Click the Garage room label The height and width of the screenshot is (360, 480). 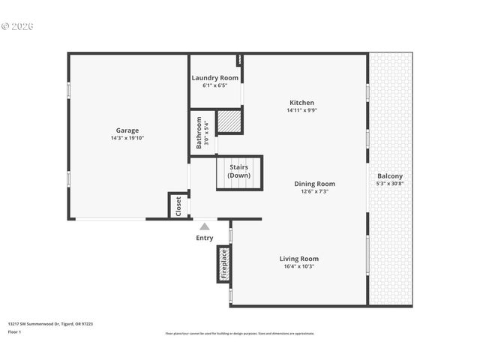click(x=127, y=130)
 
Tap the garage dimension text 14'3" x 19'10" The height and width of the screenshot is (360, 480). click(x=127, y=138)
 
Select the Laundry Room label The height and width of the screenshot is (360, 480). click(x=214, y=78)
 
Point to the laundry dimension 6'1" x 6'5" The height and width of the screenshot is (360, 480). click(x=214, y=85)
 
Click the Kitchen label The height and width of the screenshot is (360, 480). click(x=301, y=103)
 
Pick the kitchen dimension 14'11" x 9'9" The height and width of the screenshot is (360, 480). click(x=301, y=110)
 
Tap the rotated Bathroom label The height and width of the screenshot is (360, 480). click(x=199, y=132)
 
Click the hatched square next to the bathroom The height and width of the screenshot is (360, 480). click(x=228, y=121)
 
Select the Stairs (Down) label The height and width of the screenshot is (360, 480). click(x=239, y=171)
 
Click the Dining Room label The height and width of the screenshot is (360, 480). click(x=314, y=184)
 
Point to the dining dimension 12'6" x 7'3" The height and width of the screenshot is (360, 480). click(x=314, y=191)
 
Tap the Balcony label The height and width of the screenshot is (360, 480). click(x=389, y=176)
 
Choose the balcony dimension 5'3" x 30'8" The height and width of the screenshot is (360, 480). click(x=389, y=184)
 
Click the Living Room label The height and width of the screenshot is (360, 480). click(x=299, y=259)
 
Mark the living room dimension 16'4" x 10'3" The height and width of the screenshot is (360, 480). click(x=299, y=266)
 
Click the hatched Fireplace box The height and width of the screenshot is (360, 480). click(x=223, y=264)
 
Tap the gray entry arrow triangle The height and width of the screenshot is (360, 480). click(x=204, y=226)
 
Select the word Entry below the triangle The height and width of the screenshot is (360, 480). click(x=204, y=238)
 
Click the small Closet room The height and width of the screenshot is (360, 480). click(x=178, y=206)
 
